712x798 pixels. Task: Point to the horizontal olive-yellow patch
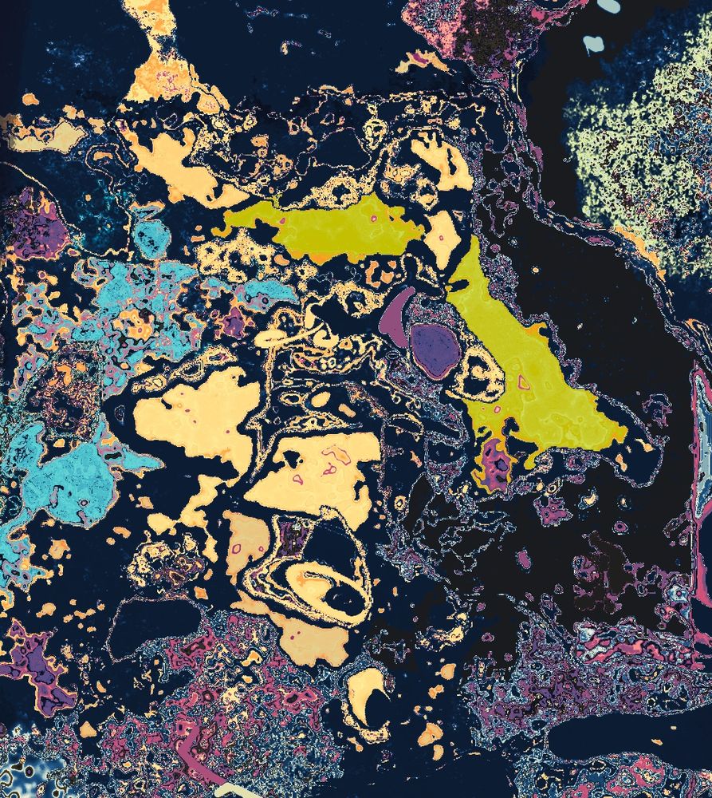[x=335, y=227]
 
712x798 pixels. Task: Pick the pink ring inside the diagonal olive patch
[x=524, y=384]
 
